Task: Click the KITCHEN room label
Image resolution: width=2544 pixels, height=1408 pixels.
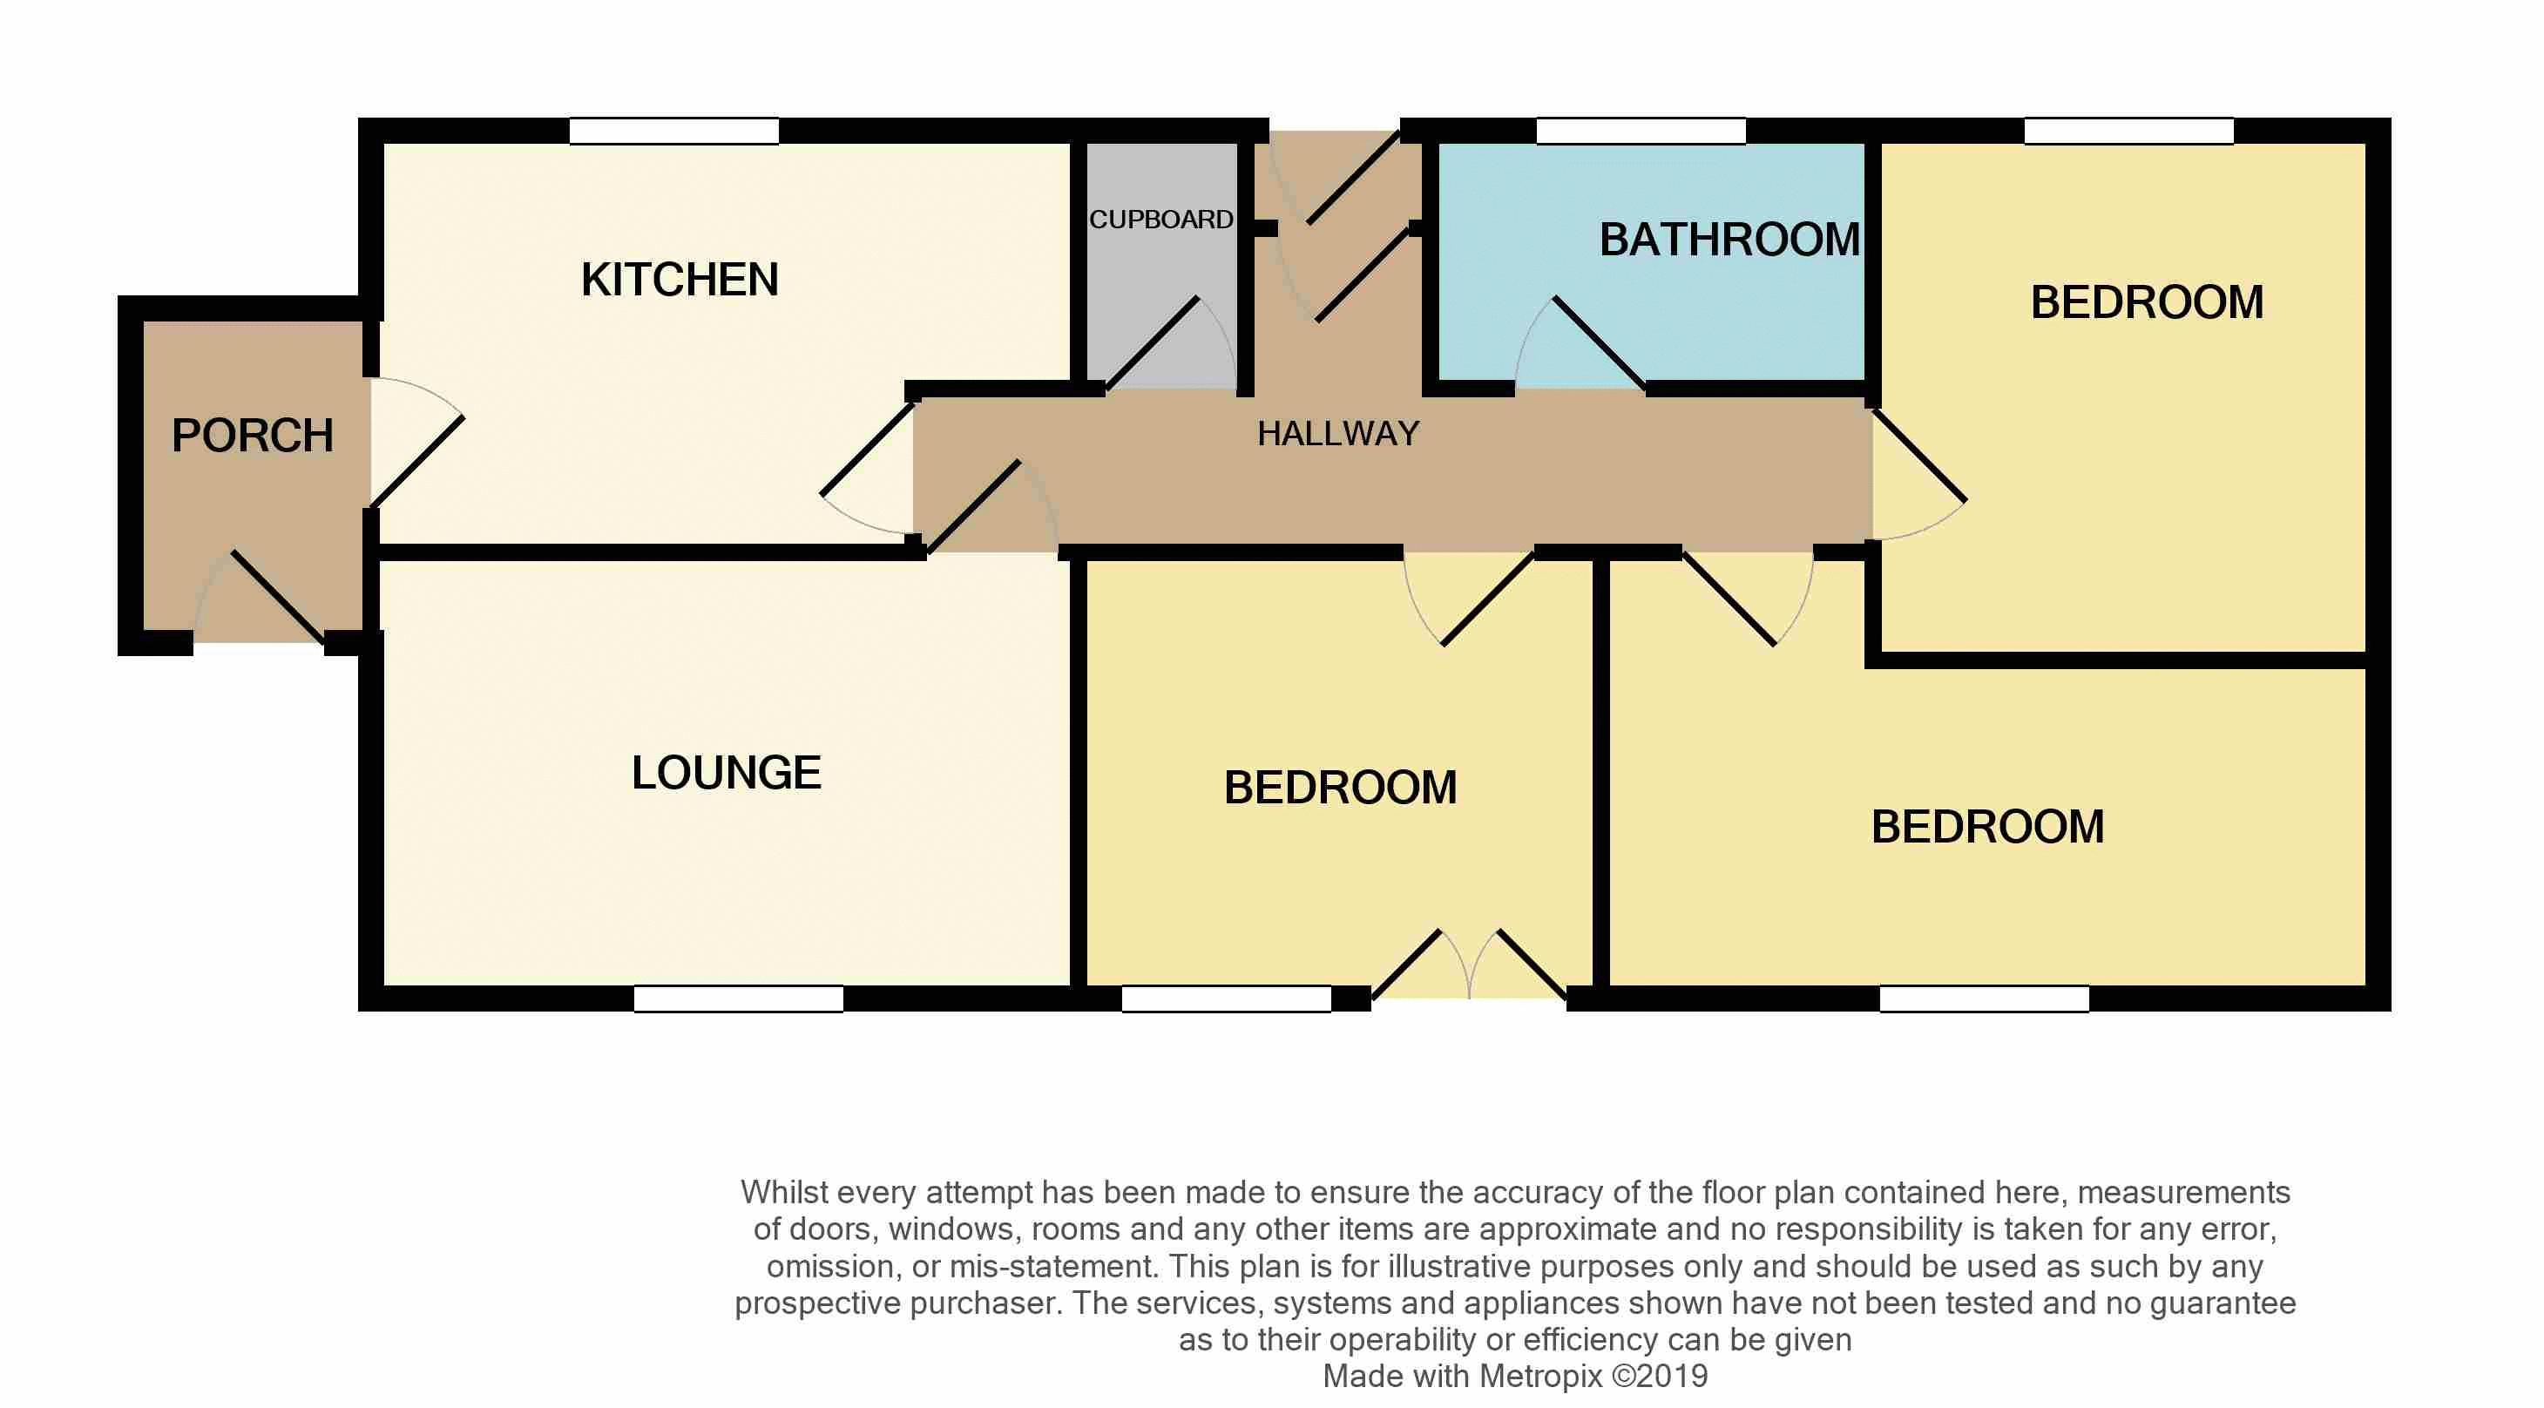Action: coord(680,281)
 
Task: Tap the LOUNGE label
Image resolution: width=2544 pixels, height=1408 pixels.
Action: coord(726,773)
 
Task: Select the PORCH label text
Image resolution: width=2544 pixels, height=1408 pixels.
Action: coord(252,437)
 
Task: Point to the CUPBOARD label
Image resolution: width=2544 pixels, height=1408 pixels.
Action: coord(1160,220)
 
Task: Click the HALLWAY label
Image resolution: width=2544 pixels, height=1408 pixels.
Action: coord(1338,433)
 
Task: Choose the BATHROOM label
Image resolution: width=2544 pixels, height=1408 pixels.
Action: coord(1729,240)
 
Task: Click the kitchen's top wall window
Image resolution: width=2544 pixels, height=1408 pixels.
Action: coord(673,132)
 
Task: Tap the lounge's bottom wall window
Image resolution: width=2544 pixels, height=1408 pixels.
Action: coord(738,999)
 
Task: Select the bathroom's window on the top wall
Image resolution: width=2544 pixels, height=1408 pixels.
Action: coord(1641,132)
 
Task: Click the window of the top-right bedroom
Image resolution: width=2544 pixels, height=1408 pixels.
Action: coord(2128,132)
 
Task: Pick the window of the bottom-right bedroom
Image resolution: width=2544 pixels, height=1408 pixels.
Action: coord(1983,999)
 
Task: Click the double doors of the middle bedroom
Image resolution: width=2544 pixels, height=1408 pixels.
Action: coord(1470,968)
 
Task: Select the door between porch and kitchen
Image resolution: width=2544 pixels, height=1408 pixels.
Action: coord(415,444)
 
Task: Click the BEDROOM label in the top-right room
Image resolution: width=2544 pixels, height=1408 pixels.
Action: coord(2146,303)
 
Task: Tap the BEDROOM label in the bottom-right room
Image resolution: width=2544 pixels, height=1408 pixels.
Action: coord(1987,828)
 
